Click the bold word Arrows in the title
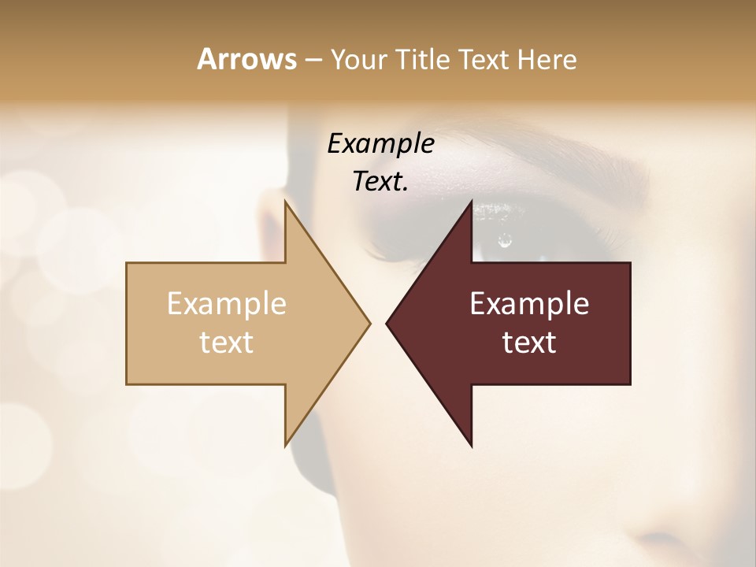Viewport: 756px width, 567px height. click(x=246, y=59)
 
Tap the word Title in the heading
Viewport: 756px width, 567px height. click(x=421, y=59)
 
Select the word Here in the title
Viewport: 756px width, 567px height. click(x=547, y=59)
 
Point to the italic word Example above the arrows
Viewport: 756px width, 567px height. click(x=380, y=143)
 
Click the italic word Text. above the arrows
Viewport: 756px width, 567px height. click(x=380, y=181)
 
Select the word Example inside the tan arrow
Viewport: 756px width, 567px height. click(x=226, y=303)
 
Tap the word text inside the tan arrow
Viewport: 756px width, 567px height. click(x=226, y=343)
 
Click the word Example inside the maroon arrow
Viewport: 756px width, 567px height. click(x=529, y=303)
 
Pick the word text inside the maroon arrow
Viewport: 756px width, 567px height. click(x=529, y=343)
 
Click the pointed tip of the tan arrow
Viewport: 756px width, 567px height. click(x=369, y=323)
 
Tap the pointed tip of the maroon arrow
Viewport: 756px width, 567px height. click(x=387, y=323)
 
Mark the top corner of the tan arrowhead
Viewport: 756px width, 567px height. click(x=285, y=202)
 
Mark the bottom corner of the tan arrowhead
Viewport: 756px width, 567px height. click(x=285, y=445)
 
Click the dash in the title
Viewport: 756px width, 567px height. click(x=313, y=60)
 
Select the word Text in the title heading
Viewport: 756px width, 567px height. click(x=482, y=59)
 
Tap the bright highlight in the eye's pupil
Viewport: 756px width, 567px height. click(x=505, y=241)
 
